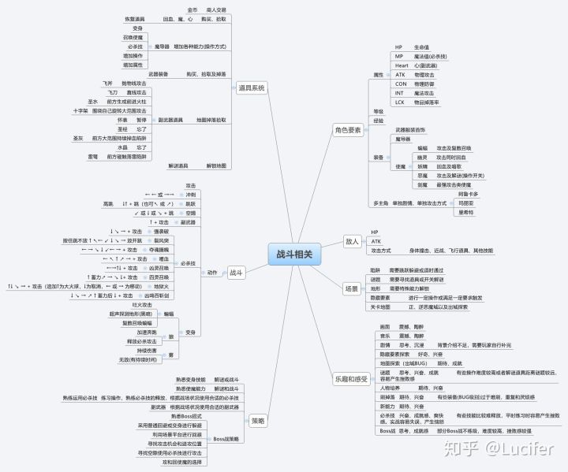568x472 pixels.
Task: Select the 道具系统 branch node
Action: pyautogui.click(x=252, y=87)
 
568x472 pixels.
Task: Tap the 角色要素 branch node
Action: pyautogui.click(x=347, y=129)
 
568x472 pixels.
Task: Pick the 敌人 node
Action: pyautogui.click(x=353, y=241)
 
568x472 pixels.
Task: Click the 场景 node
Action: pyautogui.click(x=352, y=288)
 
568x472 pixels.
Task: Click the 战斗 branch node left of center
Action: pyautogui.click(x=236, y=273)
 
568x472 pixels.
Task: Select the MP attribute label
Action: pyautogui.click(x=399, y=57)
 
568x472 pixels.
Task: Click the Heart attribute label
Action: pyautogui.click(x=402, y=65)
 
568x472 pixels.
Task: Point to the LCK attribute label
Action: pyautogui.click(x=401, y=102)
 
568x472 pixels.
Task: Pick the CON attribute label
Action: pyautogui.click(x=401, y=84)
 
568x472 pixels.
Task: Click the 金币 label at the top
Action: pyautogui.click(x=193, y=9)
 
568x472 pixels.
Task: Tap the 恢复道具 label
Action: pyautogui.click(x=135, y=18)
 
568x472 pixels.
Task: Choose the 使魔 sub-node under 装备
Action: pyautogui.click(x=400, y=166)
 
